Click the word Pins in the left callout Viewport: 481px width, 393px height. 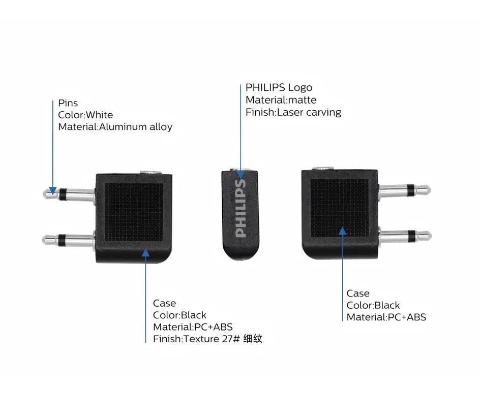click(x=68, y=103)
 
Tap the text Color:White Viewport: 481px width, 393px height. click(x=85, y=115)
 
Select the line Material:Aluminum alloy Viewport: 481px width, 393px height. click(x=115, y=127)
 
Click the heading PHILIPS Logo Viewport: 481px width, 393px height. click(x=279, y=88)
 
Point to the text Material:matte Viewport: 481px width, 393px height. click(x=281, y=100)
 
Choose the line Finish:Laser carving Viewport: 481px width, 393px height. click(x=293, y=112)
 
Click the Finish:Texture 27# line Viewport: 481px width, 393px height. click(x=193, y=339)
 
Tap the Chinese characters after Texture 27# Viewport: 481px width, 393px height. click(x=252, y=339)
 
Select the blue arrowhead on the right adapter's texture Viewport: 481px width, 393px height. click(x=343, y=231)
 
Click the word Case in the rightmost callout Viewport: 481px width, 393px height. click(x=358, y=293)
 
